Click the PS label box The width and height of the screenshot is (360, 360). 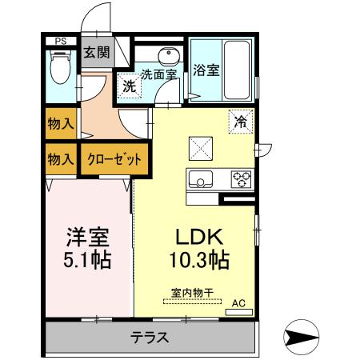coord(61,41)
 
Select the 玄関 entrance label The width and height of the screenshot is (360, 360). coord(98,54)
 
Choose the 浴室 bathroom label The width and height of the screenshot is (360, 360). coord(206,70)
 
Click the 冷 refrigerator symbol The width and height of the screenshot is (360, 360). coord(239,121)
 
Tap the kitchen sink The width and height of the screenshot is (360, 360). coord(200,178)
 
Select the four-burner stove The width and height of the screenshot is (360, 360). coord(241,178)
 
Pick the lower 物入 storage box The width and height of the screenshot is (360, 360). coord(61,158)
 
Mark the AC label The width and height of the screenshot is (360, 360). coord(238,302)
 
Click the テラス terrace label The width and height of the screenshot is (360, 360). coord(150,337)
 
